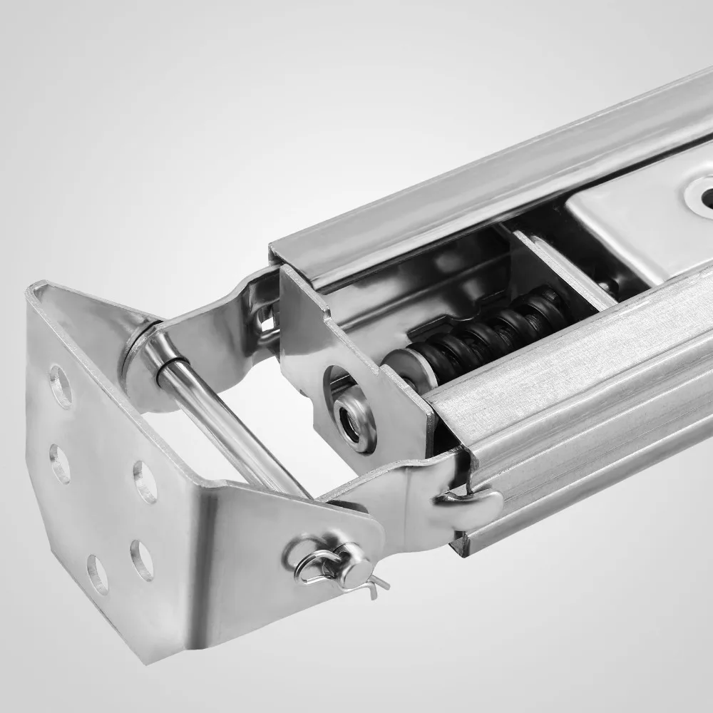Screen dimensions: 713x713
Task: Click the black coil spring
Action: pos(485,331)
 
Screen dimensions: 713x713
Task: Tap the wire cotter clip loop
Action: pos(308,563)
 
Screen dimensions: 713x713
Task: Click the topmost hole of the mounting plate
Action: pos(61,386)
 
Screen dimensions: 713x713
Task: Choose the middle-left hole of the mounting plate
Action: pos(60,463)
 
